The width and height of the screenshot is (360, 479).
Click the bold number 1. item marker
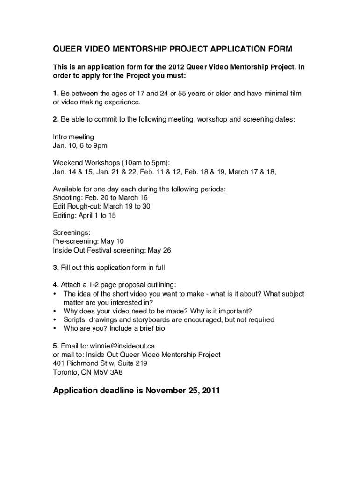56,93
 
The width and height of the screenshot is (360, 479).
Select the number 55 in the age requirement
181,93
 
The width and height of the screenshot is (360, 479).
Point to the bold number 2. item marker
56,119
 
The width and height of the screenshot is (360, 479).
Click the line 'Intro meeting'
73,137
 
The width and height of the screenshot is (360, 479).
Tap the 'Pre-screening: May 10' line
88,241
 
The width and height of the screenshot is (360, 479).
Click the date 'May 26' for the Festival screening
159,250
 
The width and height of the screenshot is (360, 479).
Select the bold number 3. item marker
56,268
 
